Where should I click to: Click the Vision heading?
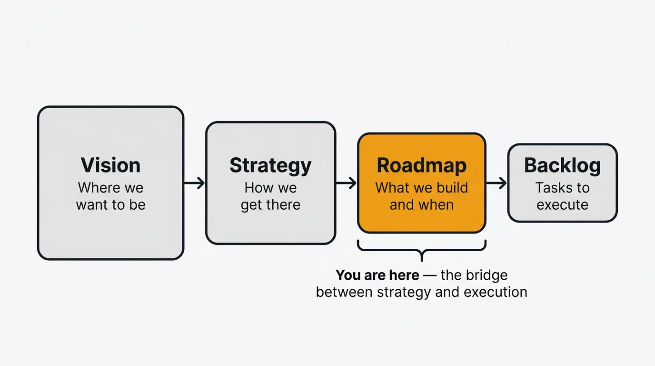pyautogui.click(x=110, y=165)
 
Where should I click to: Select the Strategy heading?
pyautogui.click(x=270, y=165)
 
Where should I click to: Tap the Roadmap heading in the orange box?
pyautogui.click(x=422, y=165)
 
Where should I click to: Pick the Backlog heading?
pyautogui.click(x=562, y=165)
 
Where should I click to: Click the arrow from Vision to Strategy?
pyautogui.click(x=194, y=183)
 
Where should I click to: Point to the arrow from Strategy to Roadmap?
pyautogui.click(x=346, y=183)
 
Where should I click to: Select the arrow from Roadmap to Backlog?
pyautogui.click(x=496, y=183)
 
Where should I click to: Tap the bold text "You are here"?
pyautogui.click(x=377, y=275)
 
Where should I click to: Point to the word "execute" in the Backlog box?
pyautogui.click(x=562, y=205)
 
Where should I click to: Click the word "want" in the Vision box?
pyautogui.click(x=93, y=205)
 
